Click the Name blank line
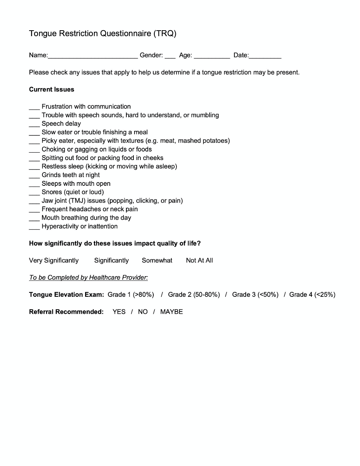[x=93, y=56]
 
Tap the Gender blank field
[x=170, y=56]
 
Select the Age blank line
[x=212, y=56]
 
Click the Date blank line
[x=265, y=56]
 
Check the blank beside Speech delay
[x=34, y=124]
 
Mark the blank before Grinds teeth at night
[x=34, y=175]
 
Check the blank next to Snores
[x=34, y=192]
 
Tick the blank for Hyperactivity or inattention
[x=34, y=227]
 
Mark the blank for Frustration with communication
[x=34, y=107]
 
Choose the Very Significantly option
[x=54, y=260]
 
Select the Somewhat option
[x=157, y=260]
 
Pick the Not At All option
[x=199, y=260]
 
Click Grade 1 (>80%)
[x=131, y=295]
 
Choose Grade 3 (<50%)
[x=255, y=295]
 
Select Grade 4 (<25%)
[x=312, y=295]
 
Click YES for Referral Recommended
[x=119, y=312]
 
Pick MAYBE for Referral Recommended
[x=171, y=312]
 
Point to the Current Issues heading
[x=52, y=90]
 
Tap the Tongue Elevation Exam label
[x=66, y=295]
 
